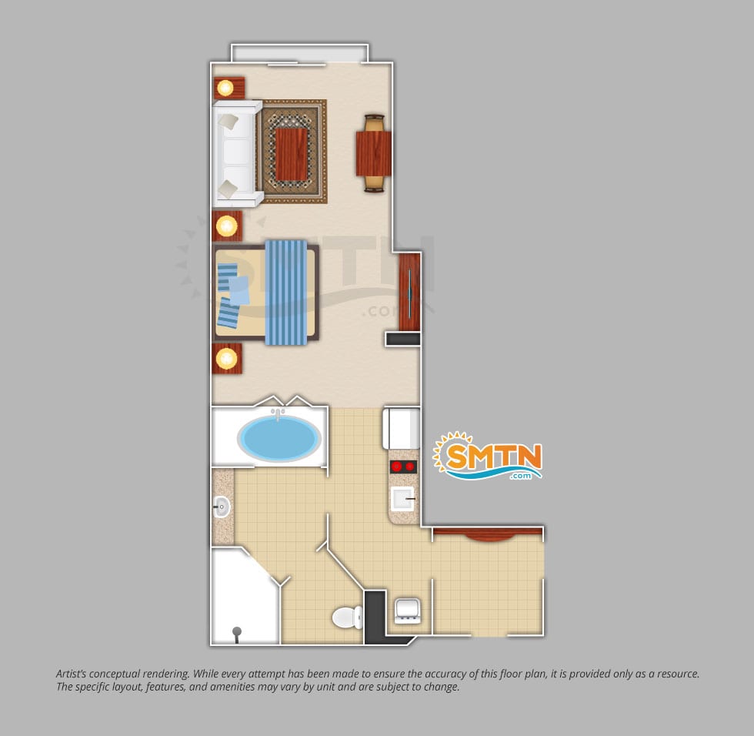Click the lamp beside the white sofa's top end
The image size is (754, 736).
(225, 88)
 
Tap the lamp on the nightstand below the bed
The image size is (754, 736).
(226, 358)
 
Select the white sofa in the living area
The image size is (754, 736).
(237, 153)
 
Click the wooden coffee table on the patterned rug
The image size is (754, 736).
(292, 154)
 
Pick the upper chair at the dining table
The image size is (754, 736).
(375, 123)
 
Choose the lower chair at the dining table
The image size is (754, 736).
(375, 183)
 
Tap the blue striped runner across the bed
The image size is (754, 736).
(286, 293)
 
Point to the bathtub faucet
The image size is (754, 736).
(278, 413)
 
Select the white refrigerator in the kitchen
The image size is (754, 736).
(402, 428)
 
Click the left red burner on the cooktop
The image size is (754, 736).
(397, 466)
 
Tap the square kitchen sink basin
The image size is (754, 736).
(402, 499)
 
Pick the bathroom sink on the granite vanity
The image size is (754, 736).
(222, 507)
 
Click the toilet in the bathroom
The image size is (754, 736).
(348, 617)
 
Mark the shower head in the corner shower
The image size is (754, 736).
(237, 632)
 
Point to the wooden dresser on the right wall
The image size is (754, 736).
(409, 292)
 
